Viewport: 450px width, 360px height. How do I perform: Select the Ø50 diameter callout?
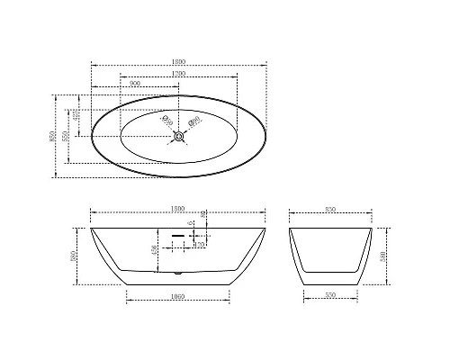coord(165,120)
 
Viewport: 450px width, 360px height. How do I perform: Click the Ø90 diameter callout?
coord(194,121)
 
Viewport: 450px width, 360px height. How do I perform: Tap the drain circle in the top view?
coord(179,137)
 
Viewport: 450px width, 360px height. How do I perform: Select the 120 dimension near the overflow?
coord(200,244)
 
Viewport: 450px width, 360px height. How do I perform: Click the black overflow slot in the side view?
coord(177,232)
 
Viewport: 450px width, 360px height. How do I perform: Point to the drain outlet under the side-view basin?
coord(178,270)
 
